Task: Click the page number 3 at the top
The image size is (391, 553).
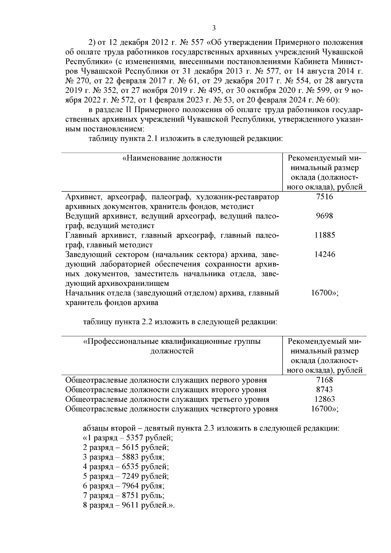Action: click(x=214, y=28)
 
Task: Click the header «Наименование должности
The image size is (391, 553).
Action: click(x=172, y=158)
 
